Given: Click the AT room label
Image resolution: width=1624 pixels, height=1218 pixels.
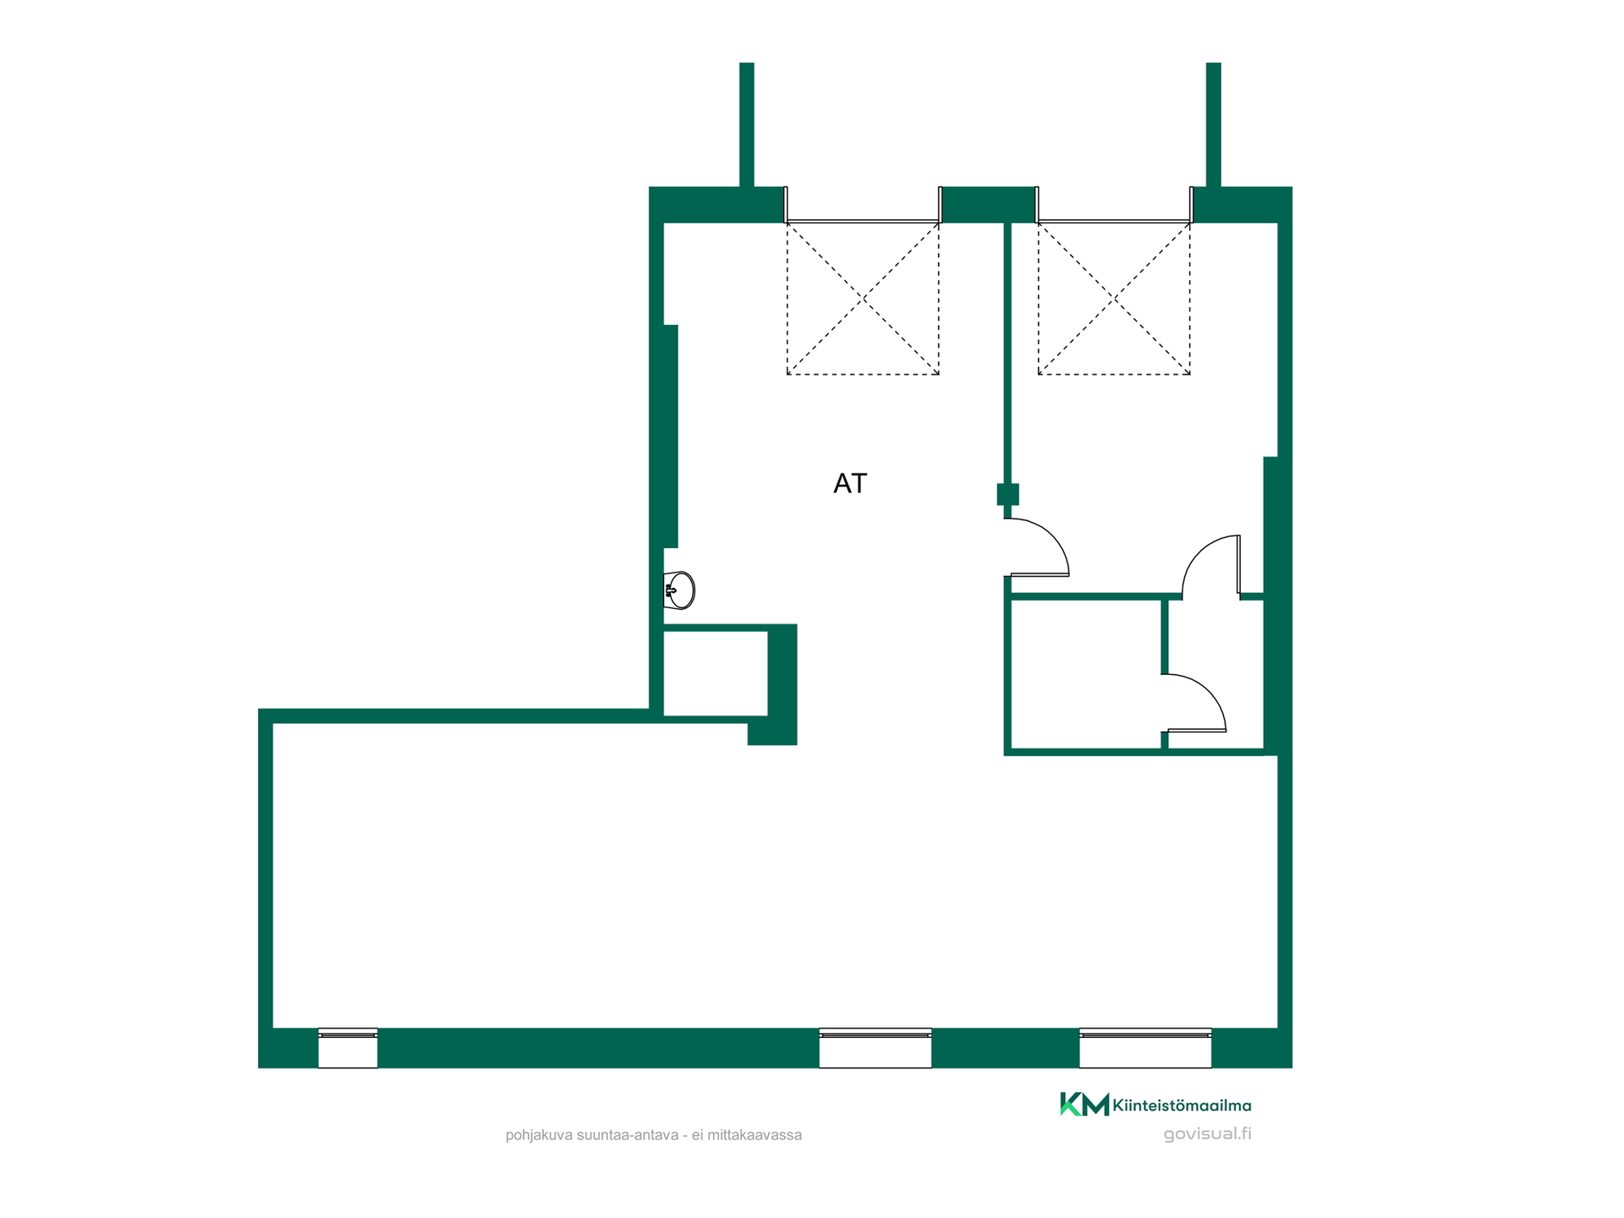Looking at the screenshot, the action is pos(850,483).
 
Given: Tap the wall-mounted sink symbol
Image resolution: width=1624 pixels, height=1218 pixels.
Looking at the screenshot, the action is pos(679,590).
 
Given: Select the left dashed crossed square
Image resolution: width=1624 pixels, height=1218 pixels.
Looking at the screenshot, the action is pos(863,299).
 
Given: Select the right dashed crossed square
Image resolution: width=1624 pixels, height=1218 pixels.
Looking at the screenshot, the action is pos(1114,299).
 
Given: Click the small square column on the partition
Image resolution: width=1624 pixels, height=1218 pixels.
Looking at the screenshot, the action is pos(1007,494).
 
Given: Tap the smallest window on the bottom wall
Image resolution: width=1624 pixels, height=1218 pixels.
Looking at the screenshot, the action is pos(348,1048).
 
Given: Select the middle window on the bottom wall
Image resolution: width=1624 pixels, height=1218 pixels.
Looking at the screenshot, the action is pos(875,1048).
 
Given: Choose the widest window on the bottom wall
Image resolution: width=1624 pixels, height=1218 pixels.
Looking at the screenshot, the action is pos(1145,1048).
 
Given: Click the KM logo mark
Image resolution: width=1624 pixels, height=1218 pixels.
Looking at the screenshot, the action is pos(1084,1105).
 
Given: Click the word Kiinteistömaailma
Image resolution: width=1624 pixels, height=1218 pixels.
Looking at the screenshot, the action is pos(1182,1106).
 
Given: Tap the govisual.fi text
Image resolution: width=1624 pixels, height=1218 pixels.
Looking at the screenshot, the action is pos(1207,1134).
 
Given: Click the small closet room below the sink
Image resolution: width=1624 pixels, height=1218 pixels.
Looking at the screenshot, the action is pos(716,673).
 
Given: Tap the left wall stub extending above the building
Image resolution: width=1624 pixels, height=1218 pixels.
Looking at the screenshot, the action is pos(747,124).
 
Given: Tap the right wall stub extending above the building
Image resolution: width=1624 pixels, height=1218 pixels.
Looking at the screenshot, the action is pos(1213,124).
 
